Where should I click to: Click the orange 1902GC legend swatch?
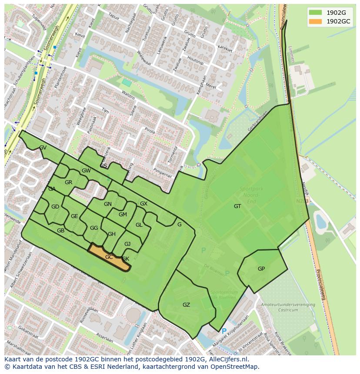[316, 21]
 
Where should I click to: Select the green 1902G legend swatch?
[316, 13]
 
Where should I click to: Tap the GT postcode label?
[237, 206]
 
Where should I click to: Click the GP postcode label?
[261, 269]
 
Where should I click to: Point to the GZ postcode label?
[186, 305]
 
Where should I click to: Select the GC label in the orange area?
[109, 257]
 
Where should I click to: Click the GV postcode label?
[43, 148]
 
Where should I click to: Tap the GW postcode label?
[86, 171]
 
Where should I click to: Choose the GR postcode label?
[68, 182]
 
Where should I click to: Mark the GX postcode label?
[143, 204]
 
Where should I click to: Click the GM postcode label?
[123, 215]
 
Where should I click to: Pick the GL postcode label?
[139, 225]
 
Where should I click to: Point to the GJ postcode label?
[127, 244]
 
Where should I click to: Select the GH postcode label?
[112, 234]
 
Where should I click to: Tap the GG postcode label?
[94, 228]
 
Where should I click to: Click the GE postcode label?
[74, 216]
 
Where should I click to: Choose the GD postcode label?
[55, 207]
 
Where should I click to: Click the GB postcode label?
[60, 231]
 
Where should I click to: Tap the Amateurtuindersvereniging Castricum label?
[288, 308]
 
